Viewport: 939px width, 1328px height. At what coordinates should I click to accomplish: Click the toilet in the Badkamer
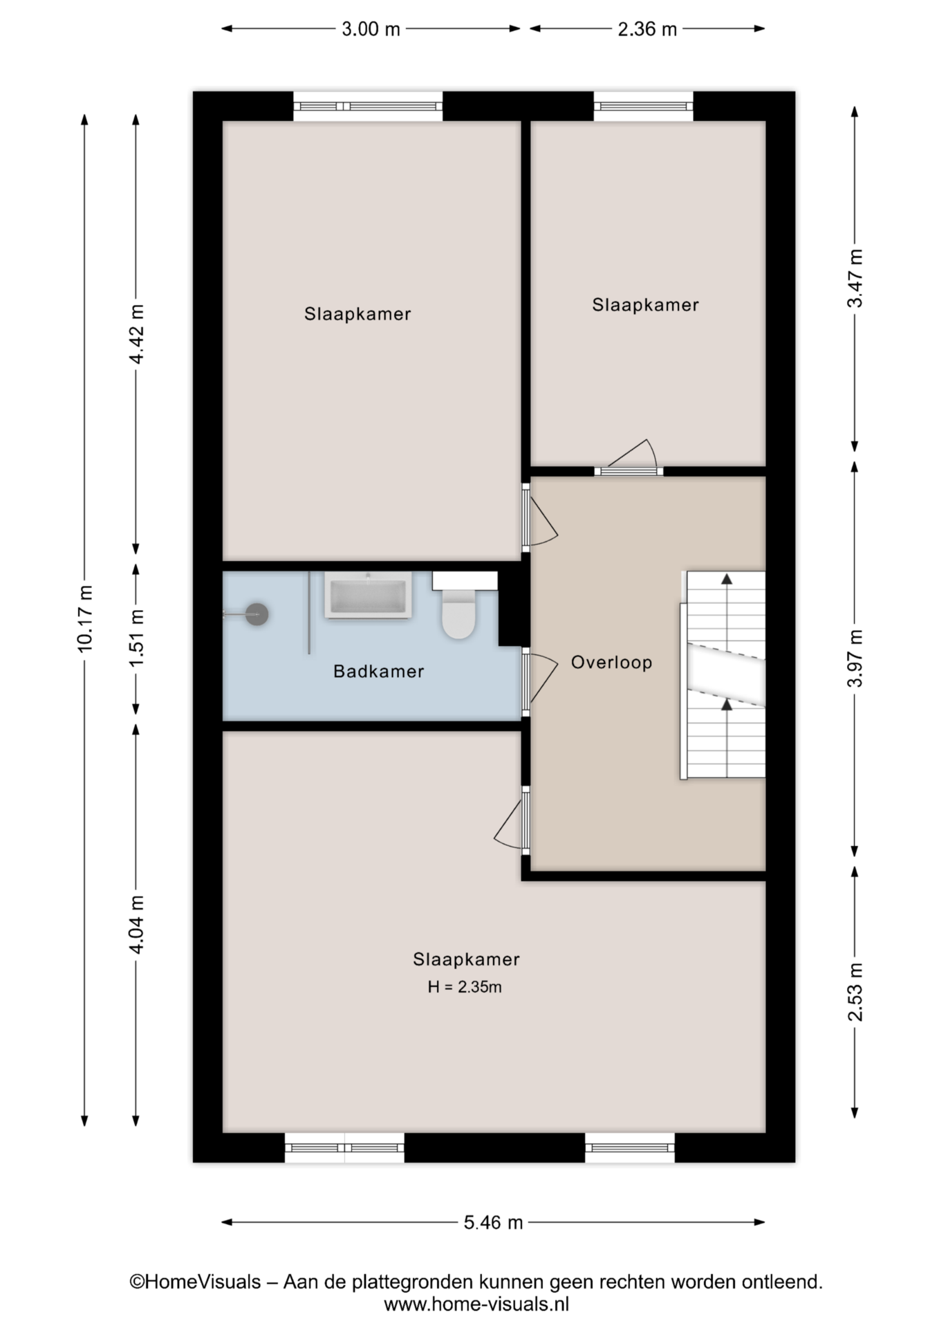coord(458,613)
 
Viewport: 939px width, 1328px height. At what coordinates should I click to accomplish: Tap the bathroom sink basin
coord(368,595)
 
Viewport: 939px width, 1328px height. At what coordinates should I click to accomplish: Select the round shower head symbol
coord(257,614)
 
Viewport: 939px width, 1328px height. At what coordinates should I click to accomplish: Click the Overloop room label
coord(611,663)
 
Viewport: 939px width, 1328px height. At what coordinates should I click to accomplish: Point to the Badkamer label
coord(378,672)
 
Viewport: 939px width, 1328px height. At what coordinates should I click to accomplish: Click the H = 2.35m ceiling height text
coord(465,987)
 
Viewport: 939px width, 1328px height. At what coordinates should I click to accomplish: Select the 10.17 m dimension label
coord(85,618)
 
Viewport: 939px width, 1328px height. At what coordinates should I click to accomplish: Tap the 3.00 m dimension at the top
coord(371,29)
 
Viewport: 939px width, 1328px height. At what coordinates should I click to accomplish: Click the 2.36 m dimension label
coord(647,29)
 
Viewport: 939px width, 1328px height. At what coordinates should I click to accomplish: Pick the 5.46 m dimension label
coord(493,1223)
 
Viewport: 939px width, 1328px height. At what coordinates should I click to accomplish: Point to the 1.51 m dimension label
coord(136,638)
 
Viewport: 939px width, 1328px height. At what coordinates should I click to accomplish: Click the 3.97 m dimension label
coord(855,658)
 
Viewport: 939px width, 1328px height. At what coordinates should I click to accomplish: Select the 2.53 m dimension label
coord(855,992)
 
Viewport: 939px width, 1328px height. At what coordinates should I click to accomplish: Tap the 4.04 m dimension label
coord(136,925)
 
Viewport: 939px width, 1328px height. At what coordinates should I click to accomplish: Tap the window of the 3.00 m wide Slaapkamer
coord(368,107)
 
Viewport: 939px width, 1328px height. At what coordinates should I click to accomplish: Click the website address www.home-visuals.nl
coord(476,1304)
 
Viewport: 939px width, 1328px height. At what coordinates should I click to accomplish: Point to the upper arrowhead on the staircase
coord(727,579)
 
